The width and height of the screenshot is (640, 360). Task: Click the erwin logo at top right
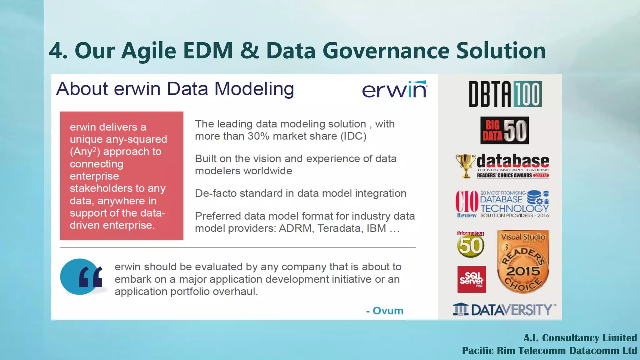pos(395,90)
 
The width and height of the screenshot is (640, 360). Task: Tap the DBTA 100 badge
pos(505,94)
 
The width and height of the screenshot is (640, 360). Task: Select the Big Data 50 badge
pos(504,130)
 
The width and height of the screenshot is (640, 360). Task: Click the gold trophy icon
pos(466,166)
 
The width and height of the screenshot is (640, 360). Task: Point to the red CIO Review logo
pos(467,203)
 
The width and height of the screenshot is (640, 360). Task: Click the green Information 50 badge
pos(470,245)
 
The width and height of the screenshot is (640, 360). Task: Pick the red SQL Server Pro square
pos(472,279)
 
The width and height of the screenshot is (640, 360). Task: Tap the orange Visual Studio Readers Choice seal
pos(523,262)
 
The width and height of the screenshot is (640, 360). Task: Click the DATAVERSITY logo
pos(504,309)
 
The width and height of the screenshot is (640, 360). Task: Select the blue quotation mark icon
pos(82,277)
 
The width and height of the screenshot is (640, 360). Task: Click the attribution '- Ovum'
pos(385,311)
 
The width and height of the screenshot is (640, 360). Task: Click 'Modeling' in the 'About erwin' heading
pos(254,89)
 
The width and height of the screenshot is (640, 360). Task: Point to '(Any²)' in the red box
pos(85,152)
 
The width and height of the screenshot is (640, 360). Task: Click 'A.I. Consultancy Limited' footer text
pos(580,338)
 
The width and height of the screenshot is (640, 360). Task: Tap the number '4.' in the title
pos(58,51)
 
